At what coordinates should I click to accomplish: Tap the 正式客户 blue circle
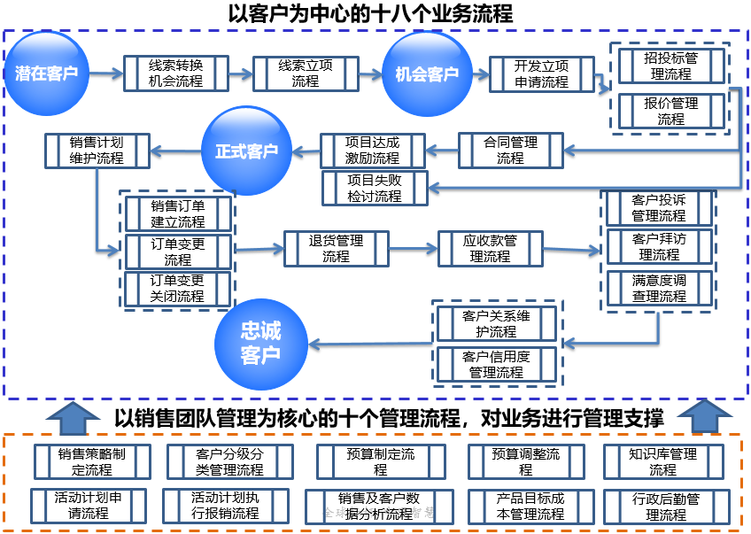point(245,151)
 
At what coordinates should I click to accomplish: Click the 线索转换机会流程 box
point(176,74)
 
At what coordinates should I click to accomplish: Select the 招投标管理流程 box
point(670,66)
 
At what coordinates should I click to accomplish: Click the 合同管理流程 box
point(510,151)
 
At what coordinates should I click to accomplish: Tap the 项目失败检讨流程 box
point(375,188)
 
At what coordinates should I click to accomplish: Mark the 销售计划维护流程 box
point(97,151)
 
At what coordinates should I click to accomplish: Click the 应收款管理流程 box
point(490,248)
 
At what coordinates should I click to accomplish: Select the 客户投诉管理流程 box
point(659,208)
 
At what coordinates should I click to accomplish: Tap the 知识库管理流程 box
point(662,461)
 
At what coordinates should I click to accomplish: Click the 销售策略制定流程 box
point(92,461)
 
